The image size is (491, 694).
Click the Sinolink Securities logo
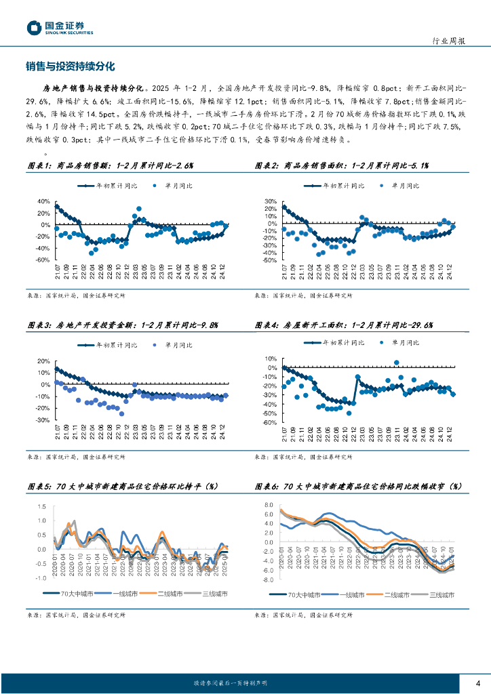[60, 28]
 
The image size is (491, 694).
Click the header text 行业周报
[448, 41]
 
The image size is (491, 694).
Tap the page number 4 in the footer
[478, 682]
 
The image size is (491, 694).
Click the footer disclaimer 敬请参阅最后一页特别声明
[231, 683]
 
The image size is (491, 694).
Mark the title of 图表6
[357, 486]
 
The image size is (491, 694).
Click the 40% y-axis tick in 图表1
[43, 201]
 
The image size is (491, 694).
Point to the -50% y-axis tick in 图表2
[269, 260]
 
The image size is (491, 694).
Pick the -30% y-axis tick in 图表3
[42, 420]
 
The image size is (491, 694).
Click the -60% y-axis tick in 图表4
[269, 422]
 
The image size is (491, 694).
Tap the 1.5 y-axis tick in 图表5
[42, 507]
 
